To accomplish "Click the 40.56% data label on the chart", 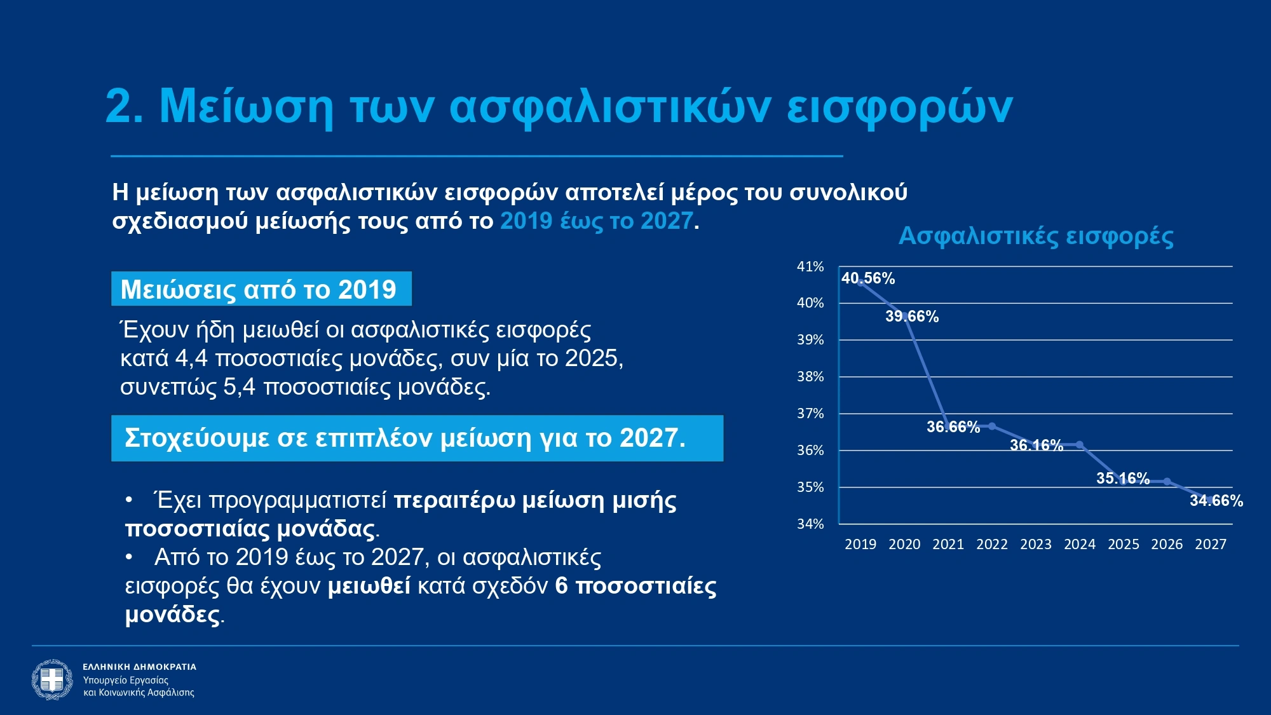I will (x=867, y=278).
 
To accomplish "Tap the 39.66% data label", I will (x=912, y=317).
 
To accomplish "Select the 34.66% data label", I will (x=1216, y=501).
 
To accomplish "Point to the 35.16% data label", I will (x=1122, y=479).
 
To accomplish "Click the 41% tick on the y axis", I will (x=810, y=267).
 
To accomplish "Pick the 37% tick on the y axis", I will (x=810, y=414).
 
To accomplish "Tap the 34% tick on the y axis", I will (x=810, y=524).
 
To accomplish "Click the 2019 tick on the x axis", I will (x=860, y=545).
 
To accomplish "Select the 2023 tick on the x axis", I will (x=1036, y=545).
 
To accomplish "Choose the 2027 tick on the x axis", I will (x=1211, y=545).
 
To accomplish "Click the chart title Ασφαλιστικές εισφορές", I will (x=1036, y=236).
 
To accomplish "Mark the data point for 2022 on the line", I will (x=992, y=426).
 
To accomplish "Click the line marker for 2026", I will (x=1167, y=482).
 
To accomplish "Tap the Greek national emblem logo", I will (x=52, y=679).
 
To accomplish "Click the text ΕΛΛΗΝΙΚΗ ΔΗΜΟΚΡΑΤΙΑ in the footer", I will (x=139, y=667).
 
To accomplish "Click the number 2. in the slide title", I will (x=124, y=106).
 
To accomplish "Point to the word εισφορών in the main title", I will (x=899, y=106).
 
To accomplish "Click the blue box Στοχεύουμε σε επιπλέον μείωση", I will (x=417, y=438).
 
